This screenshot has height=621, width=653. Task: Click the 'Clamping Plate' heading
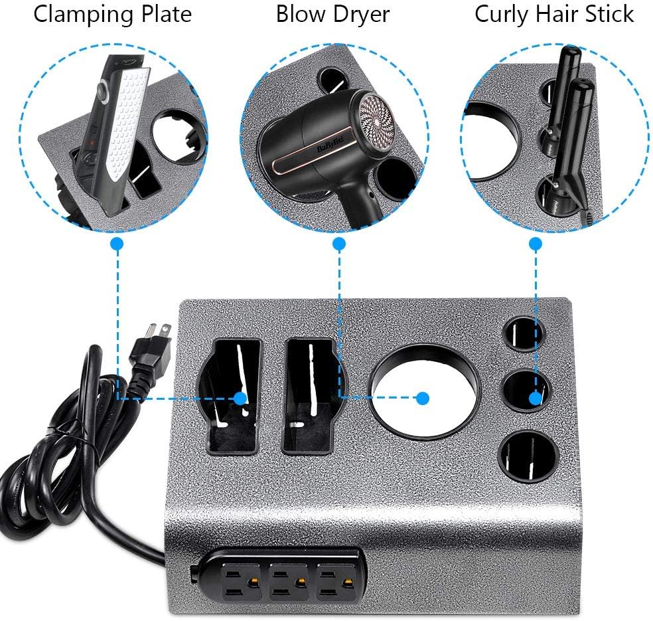point(112,15)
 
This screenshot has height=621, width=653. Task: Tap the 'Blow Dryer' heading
point(332,15)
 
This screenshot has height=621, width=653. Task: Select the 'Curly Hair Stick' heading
point(554,15)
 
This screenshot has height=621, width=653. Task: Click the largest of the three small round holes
point(529,456)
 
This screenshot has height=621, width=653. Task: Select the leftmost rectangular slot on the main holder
point(228,396)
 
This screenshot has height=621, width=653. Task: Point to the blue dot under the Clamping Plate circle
point(117,244)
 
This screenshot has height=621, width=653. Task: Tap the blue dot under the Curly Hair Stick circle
point(536,244)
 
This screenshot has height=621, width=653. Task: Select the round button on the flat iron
point(100,89)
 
